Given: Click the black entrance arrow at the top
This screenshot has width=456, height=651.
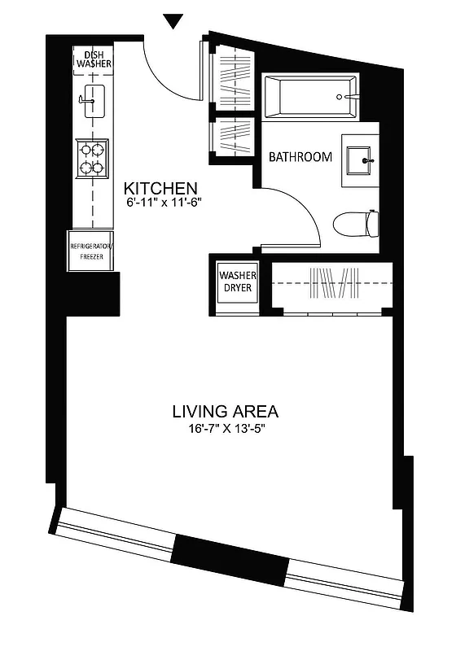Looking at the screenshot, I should coord(173,21).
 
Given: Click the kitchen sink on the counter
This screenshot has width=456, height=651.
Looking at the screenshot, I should coord(92,100).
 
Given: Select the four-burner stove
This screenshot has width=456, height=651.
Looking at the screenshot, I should coord(92,158).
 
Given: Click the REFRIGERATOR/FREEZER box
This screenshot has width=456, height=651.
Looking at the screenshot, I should coord(91,249).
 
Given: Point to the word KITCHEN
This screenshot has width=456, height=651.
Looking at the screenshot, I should coord(160,186).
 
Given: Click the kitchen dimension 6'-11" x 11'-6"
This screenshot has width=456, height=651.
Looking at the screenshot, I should coord(163,202).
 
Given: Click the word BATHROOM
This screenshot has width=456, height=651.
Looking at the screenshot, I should coord(300,156).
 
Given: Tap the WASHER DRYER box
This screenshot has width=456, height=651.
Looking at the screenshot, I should coord(236,282).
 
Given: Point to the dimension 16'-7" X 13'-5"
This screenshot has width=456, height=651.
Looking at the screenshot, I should coord(226,430).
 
